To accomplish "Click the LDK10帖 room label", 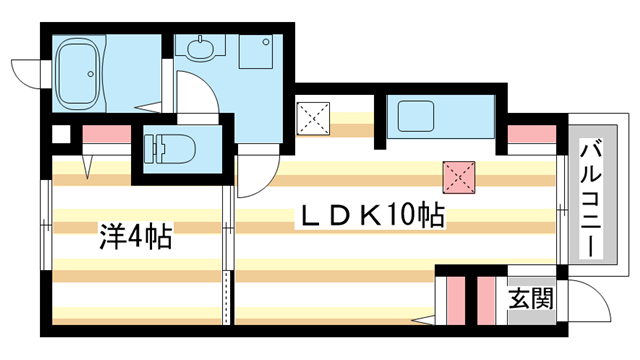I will coord(368,215).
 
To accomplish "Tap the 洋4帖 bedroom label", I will coord(134,237).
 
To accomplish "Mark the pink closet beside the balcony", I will coord(531,134).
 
